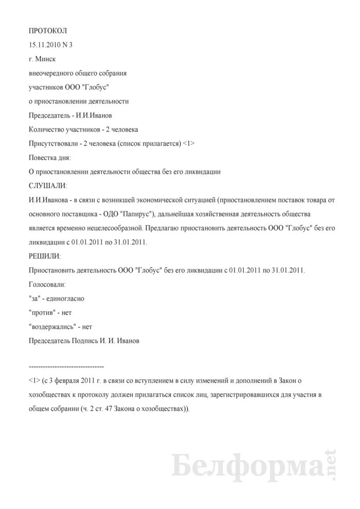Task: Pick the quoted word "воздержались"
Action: click(53, 325)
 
